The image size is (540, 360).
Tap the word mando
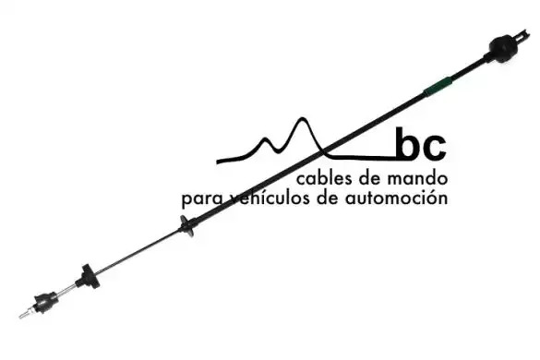417,178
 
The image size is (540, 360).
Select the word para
203,199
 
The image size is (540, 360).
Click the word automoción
396,198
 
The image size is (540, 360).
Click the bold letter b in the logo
408,144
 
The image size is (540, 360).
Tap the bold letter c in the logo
435,148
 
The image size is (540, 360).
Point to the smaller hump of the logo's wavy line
266,139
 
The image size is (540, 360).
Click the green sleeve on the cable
438,87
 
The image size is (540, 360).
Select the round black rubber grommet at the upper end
503,49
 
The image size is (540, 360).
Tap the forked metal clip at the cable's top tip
522,35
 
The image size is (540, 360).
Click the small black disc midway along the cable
186,226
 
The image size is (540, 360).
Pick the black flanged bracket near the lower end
89,277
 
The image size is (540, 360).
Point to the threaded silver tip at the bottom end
26,313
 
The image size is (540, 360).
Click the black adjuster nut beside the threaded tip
45,302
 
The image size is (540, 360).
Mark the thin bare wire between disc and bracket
138,251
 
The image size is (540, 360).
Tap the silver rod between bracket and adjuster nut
66,291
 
